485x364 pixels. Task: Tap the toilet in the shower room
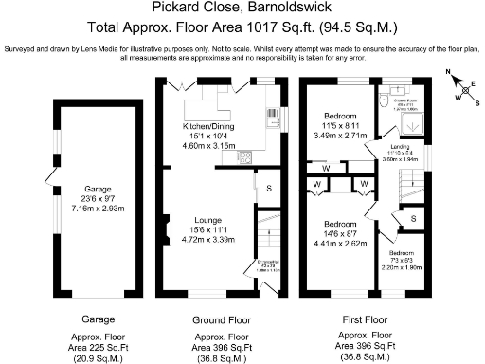tap(382, 98)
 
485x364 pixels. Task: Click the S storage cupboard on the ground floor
tap(268, 187)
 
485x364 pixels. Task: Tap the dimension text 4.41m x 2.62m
tap(340, 242)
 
